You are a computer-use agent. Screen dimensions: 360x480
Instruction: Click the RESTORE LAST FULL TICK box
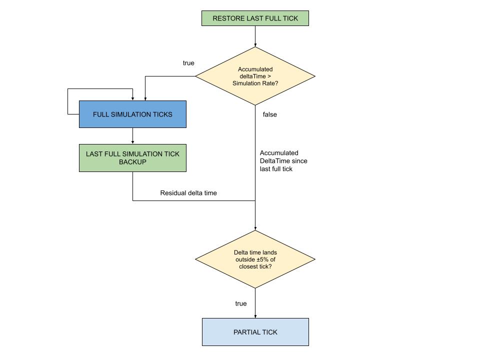pos(255,18)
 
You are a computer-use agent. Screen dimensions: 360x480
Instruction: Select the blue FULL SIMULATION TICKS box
pos(132,114)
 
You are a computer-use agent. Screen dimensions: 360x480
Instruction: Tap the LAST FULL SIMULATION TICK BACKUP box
pos(132,158)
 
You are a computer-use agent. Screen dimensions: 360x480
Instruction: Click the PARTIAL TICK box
pos(255,332)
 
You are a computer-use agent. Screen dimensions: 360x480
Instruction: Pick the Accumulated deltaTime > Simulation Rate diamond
pos(255,76)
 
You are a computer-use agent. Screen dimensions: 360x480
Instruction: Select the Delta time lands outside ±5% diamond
pos(255,259)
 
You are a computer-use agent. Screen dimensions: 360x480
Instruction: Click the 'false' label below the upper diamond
pos(269,114)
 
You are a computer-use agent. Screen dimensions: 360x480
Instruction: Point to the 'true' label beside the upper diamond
pos(188,63)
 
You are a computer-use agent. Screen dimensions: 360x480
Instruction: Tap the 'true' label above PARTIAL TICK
pos(241,303)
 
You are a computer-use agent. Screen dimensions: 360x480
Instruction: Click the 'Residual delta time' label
pos(188,192)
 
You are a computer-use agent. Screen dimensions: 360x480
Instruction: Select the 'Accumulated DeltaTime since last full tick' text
pos(283,161)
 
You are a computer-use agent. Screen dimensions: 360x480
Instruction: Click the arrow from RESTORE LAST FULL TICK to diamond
pos(255,36)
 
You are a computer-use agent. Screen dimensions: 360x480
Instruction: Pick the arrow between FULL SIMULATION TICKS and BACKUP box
pos(132,136)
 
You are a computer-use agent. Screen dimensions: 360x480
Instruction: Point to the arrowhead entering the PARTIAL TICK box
pos(255,315)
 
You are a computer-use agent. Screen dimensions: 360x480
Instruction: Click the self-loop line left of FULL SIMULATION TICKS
pos(68,102)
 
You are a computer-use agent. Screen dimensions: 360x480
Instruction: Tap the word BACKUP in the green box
pos(132,162)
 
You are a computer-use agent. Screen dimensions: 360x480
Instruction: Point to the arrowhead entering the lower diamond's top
pos(255,227)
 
